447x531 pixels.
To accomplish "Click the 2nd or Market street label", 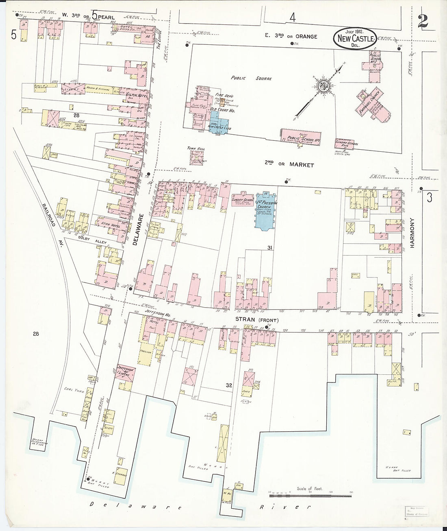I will click(x=289, y=164).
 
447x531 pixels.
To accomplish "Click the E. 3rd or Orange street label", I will click(x=291, y=36).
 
